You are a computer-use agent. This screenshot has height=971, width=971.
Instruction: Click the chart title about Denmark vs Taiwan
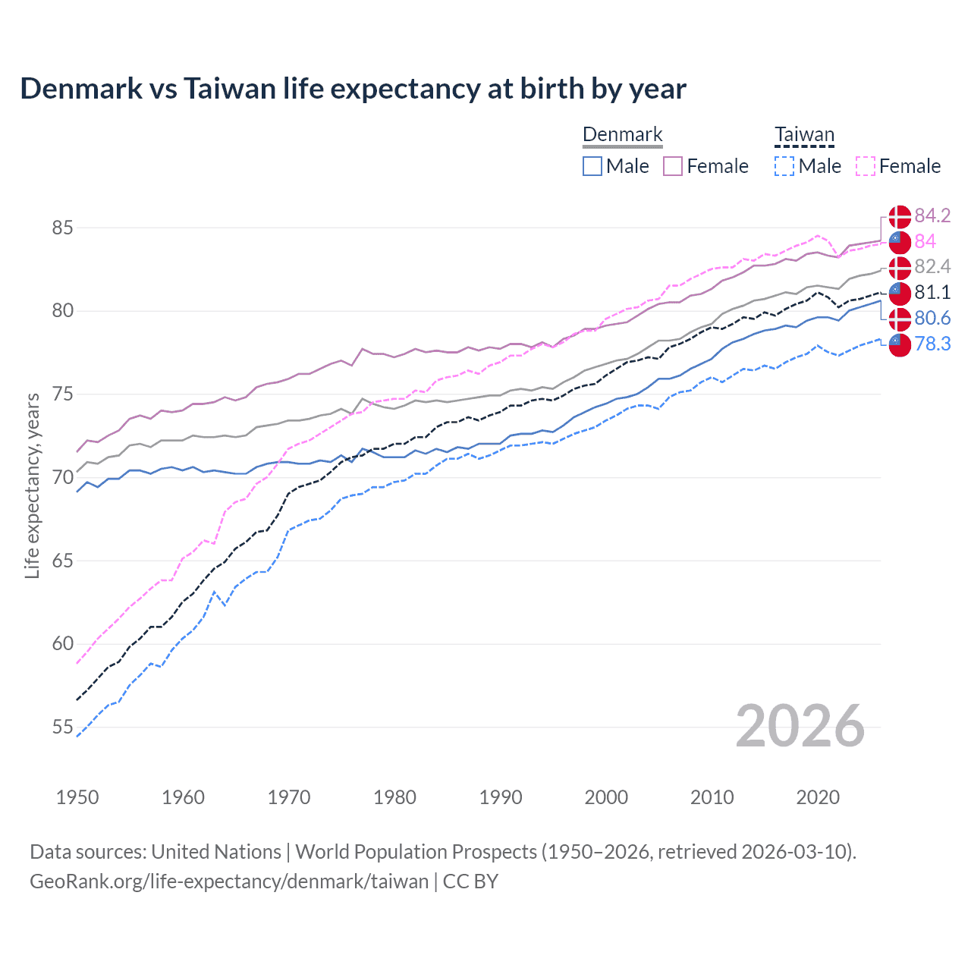coord(353,89)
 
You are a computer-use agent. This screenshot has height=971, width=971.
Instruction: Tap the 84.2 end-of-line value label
coord(932,215)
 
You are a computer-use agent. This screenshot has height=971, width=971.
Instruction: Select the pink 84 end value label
coord(925,241)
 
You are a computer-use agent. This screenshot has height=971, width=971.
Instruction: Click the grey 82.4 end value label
coord(932,266)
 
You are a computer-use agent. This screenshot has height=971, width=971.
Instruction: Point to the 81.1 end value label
coord(932,292)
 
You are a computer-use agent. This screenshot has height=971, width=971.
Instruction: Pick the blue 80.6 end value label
coord(932,318)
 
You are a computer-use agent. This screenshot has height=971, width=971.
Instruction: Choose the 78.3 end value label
coord(932,344)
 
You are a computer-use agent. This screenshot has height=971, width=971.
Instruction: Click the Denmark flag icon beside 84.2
coord(900,216)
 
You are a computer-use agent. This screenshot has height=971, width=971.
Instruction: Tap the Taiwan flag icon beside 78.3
coord(900,344)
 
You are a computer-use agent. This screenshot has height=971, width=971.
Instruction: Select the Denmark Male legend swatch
coord(592,166)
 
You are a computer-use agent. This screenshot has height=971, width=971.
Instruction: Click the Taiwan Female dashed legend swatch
coord(866,166)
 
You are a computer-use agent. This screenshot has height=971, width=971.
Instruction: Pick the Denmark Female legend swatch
coord(673,166)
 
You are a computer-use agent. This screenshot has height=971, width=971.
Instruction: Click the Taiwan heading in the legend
coord(804,135)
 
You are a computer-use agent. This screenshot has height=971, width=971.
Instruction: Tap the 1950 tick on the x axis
coord(77,797)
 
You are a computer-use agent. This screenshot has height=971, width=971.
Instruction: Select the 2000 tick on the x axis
coord(606,797)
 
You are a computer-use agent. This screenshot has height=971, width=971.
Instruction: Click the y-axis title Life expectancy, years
coord(33,485)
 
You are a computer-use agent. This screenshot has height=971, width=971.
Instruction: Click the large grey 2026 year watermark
coord(800,726)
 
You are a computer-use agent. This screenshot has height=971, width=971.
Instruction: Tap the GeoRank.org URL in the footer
coord(229,881)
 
